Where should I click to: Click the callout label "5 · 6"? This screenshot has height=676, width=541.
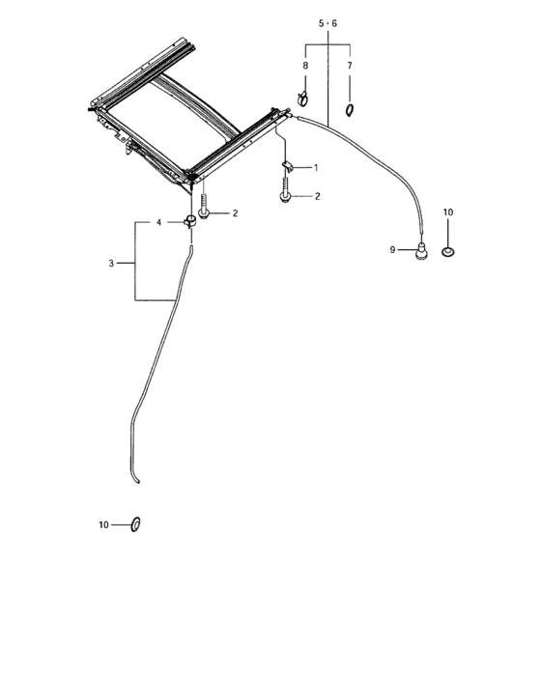(327, 23)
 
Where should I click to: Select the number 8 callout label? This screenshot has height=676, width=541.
(305, 66)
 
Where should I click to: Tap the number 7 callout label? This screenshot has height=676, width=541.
(350, 66)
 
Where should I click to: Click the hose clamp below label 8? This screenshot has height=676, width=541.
(302, 99)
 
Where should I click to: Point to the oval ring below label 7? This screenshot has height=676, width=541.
(349, 110)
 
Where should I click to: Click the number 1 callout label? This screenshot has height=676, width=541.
(316, 168)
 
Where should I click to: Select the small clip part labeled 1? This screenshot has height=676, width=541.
(288, 165)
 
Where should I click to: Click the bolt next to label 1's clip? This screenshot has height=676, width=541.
(285, 190)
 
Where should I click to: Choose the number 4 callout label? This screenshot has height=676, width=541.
(158, 222)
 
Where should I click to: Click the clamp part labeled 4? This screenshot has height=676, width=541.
(189, 221)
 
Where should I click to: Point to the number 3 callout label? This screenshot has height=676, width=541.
(111, 263)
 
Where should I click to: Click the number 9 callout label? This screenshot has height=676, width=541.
(392, 249)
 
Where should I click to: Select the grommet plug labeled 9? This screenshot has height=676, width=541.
(421, 251)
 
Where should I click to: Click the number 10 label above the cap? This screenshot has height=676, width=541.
(448, 212)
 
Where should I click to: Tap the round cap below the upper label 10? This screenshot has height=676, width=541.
(448, 251)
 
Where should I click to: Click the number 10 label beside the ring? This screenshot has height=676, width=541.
(103, 524)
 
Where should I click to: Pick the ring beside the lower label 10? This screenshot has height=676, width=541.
(136, 524)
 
